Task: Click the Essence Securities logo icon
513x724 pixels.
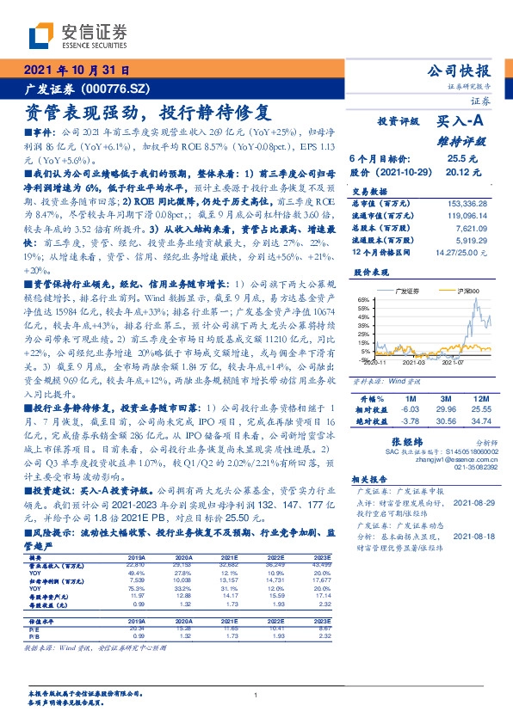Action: [43, 34]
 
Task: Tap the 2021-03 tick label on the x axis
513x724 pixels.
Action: [417, 362]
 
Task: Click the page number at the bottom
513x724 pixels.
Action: [256, 695]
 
